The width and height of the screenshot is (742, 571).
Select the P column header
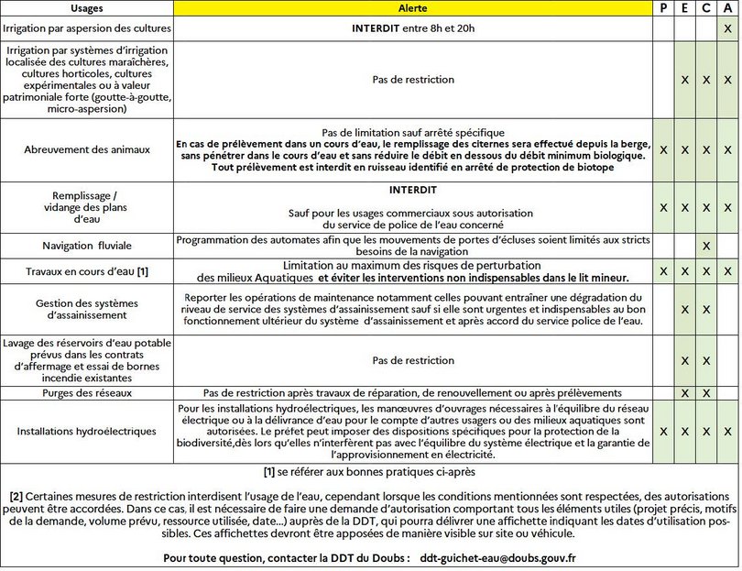[663, 8]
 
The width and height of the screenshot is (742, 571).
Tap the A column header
[727, 8]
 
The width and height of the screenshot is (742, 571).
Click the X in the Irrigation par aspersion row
[727, 28]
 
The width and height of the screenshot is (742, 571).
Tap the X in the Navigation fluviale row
[706, 246]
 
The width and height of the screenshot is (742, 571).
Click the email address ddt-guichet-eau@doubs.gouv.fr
[497, 557]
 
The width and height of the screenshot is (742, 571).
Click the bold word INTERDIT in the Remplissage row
[413, 192]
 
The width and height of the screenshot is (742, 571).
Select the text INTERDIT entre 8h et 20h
[413, 28]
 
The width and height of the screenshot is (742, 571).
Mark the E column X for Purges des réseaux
[684, 392]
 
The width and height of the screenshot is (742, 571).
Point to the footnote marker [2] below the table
[16, 497]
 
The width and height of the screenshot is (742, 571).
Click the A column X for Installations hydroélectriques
[727, 430]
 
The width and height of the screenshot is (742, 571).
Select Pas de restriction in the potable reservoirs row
[413, 360]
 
